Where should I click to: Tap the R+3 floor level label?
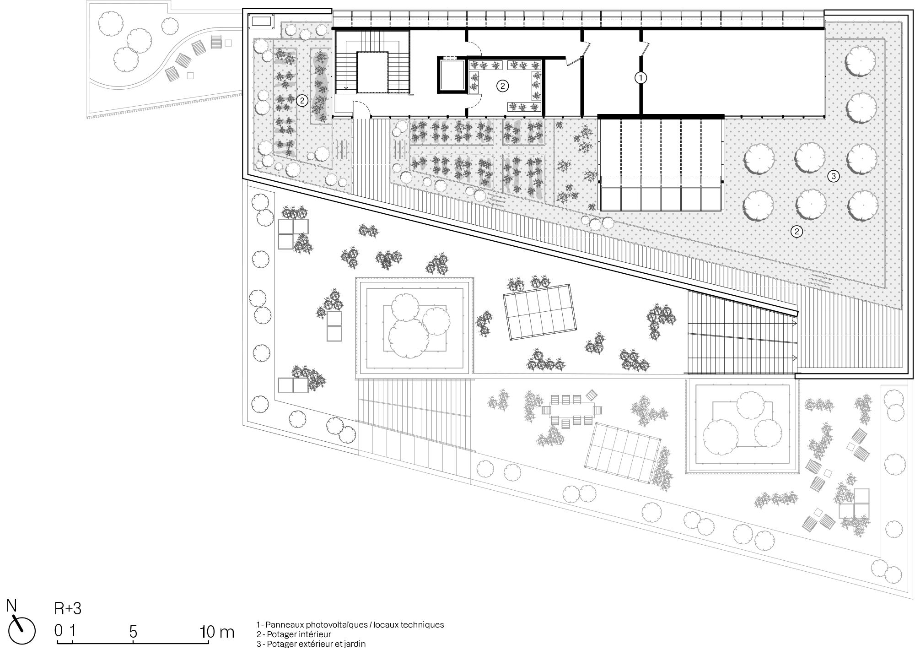click(x=68, y=609)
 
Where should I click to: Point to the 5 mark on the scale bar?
click(x=133, y=632)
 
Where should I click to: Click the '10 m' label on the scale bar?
click(x=217, y=632)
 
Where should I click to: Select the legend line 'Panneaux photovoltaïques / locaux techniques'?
click(x=350, y=624)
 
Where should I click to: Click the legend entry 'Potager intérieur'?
click(x=294, y=634)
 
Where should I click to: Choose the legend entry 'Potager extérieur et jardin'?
click(x=311, y=644)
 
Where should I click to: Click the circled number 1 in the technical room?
click(x=641, y=78)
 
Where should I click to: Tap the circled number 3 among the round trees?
click(x=833, y=176)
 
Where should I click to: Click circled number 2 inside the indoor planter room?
click(x=502, y=85)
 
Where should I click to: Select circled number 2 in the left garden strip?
click(x=302, y=100)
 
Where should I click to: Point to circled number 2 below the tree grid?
click(x=797, y=231)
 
